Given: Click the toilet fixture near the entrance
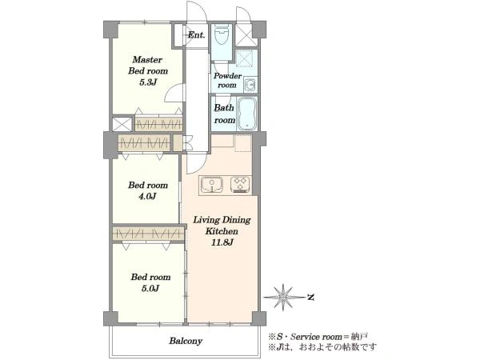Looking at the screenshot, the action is pyautogui.click(x=222, y=35).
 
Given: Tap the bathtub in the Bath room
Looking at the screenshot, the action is pyautogui.click(x=246, y=114).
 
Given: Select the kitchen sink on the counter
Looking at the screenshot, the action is pyautogui.click(x=211, y=185).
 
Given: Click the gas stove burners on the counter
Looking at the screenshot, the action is pyautogui.click(x=240, y=185).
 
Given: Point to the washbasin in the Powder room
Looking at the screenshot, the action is pyautogui.click(x=250, y=84).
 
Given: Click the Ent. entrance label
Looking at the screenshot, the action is pyautogui.click(x=196, y=35).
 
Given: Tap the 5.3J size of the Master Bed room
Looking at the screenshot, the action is pyautogui.click(x=148, y=82).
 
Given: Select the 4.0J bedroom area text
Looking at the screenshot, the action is pyautogui.click(x=147, y=196).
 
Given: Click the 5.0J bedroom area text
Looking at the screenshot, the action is pyautogui.click(x=150, y=288).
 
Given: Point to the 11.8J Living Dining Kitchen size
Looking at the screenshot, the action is pyautogui.click(x=222, y=242).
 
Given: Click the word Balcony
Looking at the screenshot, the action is pyautogui.click(x=186, y=341).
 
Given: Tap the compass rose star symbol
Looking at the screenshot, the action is pyautogui.click(x=283, y=297).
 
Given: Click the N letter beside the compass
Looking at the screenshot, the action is pyautogui.click(x=311, y=297).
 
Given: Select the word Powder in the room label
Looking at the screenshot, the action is pyautogui.click(x=227, y=76).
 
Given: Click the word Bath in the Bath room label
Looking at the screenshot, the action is pyautogui.click(x=224, y=108).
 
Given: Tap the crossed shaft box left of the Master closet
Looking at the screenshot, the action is pyautogui.click(x=122, y=124).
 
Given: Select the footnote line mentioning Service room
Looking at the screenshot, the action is pyautogui.click(x=318, y=337).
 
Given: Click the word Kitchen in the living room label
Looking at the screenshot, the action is pyautogui.click(x=222, y=231).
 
